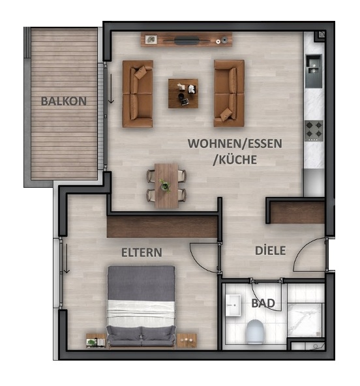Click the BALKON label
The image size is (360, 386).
pos(63,101)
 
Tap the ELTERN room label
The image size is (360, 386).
pos(142,252)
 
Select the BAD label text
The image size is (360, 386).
pos(263,303)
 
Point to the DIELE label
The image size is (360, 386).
pos(270,250)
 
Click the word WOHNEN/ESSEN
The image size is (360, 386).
pos(226,143)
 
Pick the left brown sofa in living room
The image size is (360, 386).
pos(138,94)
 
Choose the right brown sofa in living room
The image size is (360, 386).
pos(229,93)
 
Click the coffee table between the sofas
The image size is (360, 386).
pos(183,93)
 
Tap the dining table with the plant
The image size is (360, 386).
pos(166,185)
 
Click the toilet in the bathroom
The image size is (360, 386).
pos(255,332)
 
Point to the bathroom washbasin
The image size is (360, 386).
pos(233,304)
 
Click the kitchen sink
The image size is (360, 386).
pos(314,65)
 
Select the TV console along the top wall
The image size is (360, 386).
pos(187,40)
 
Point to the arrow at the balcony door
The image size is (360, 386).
pos(111,88)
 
